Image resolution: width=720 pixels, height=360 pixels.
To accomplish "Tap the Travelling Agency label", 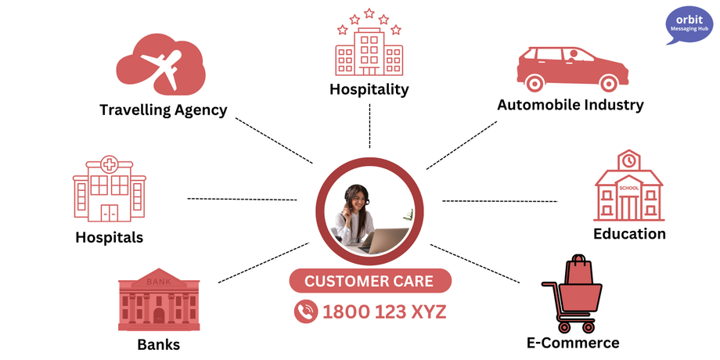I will (163, 110).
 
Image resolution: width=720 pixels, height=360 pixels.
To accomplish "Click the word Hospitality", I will (369, 89).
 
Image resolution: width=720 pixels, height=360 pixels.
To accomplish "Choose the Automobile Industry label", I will (570, 104).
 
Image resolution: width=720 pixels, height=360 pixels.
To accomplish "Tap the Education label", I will (629, 233).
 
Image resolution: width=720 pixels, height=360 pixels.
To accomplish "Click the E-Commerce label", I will (572, 342).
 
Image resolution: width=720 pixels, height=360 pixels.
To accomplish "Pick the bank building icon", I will (158, 301).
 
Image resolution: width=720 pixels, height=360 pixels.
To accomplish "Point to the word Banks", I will (158, 344).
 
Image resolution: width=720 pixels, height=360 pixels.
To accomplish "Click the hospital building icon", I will (110, 188).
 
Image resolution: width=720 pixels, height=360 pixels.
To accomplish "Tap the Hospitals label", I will (109, 236).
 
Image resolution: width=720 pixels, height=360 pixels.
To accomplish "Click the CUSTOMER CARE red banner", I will (370, 281).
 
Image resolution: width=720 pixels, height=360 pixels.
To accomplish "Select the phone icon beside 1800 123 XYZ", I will (305, 311).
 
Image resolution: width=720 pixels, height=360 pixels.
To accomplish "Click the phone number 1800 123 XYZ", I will (383, 311).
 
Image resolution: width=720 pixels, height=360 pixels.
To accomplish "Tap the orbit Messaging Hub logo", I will (689, 26).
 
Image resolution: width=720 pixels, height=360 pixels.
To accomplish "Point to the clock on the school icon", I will (628, 160).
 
